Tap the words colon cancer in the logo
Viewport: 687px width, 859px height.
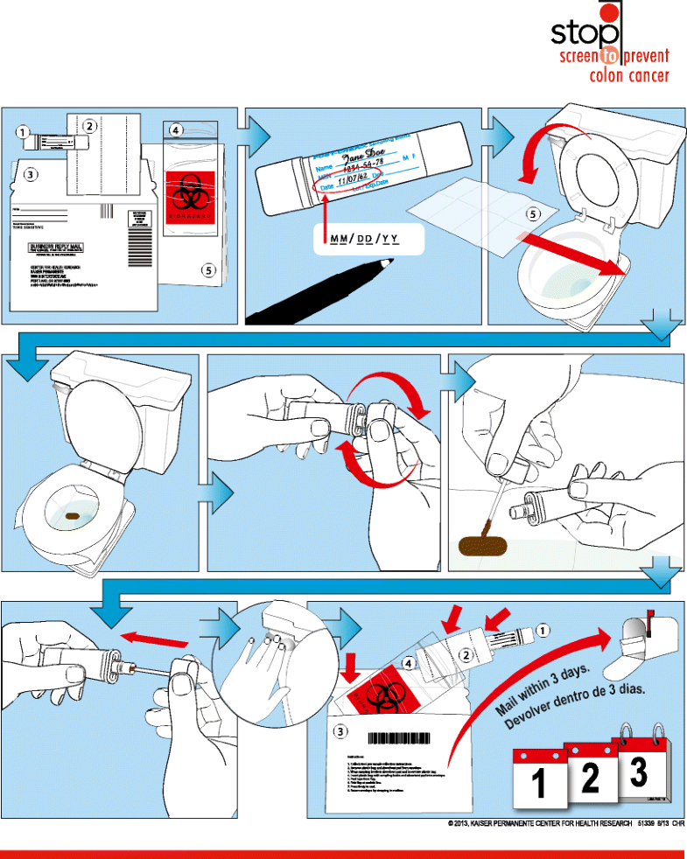click(628, 75)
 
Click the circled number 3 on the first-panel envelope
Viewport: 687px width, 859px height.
click(31, 174)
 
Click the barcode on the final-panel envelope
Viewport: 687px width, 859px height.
click(410, 738)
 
